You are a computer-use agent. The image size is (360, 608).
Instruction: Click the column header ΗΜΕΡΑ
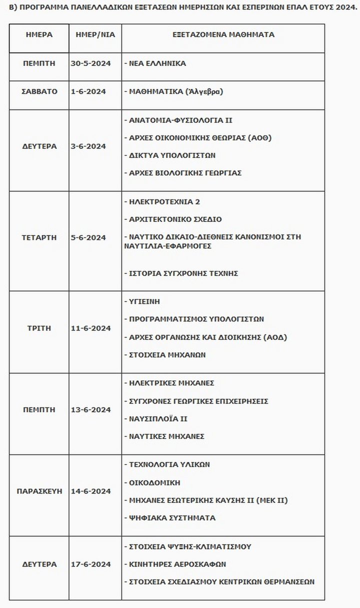[x=39, y=35]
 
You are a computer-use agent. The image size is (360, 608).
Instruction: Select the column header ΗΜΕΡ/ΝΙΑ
[x=95, y=35]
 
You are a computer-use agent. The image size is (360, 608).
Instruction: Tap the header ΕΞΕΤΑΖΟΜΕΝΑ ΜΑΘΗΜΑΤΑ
[x=223, y=35]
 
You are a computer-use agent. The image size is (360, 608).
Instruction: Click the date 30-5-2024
[x=95, y=63]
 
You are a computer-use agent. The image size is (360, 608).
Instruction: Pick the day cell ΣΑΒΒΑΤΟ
[x=39, y=91]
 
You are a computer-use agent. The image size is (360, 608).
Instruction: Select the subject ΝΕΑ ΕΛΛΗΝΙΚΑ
[x=154, y=63]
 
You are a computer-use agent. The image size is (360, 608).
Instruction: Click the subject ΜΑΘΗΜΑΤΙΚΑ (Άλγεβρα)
[x=172, y=92]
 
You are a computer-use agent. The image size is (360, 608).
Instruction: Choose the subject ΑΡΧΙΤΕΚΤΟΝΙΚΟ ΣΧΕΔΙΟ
[x=172, y=219]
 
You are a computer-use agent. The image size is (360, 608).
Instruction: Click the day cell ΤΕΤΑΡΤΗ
[x=39, y=237]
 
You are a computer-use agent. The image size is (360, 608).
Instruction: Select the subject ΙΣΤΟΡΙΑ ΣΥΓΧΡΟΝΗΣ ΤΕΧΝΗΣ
[x=180, y=273]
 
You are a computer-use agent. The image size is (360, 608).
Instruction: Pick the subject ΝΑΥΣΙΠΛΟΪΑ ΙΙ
[x=155, y=418]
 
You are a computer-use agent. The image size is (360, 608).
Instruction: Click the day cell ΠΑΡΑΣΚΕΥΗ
[x=39, y=491]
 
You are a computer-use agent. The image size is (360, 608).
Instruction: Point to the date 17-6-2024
[x=91, y=564]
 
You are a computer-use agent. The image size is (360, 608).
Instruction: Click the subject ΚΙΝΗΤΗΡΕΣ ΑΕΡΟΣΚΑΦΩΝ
[x=174, y=564]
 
